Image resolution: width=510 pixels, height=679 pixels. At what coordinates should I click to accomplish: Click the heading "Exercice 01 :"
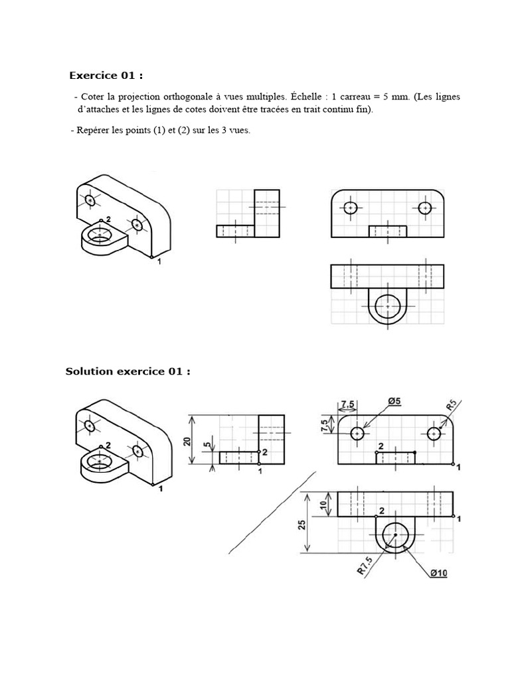106,75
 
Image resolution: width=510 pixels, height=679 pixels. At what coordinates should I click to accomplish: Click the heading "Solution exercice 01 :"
127,371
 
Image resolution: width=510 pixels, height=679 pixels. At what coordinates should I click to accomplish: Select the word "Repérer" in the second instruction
94,131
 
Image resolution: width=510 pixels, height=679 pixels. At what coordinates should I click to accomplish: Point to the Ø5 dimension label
393,401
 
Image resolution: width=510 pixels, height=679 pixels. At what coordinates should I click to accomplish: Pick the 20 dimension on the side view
188,441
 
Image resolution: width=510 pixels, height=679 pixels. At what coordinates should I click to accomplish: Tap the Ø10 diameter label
438,572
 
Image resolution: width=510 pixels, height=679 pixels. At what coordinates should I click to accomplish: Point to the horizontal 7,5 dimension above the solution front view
347,404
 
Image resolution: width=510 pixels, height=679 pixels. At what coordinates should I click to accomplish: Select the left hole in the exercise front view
351,208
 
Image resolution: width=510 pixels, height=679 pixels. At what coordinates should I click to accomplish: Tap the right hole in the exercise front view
425,208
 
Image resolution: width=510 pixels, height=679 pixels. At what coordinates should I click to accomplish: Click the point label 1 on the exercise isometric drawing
159,262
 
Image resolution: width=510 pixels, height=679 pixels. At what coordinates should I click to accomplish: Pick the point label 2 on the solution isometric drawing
107,445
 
